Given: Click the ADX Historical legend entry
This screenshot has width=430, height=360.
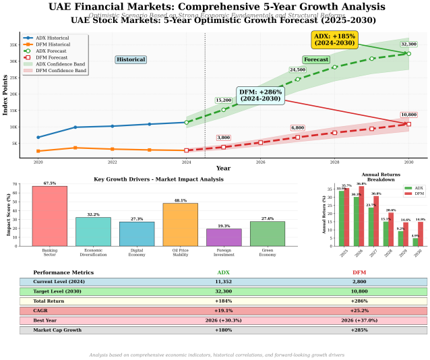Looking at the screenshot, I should point(49,38).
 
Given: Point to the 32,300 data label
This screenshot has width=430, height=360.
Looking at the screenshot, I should point(408,44).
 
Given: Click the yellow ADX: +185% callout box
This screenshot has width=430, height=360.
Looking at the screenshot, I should point(334,39).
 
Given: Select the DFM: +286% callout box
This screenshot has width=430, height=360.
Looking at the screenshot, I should point(260,95).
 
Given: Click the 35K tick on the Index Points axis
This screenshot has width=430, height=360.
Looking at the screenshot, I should point(13,44).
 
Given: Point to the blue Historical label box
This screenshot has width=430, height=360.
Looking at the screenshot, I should point(131,59).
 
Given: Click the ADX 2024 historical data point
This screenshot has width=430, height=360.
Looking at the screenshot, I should point(186,122).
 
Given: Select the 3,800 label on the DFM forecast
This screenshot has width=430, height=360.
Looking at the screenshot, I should point(224,138).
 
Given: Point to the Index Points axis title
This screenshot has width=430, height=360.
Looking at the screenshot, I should point(5,96).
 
